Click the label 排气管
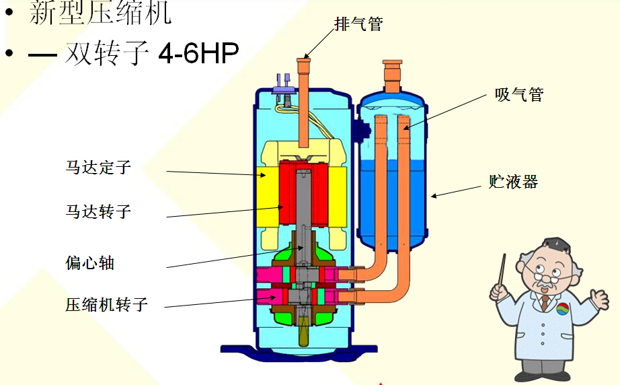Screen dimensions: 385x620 point(358,24)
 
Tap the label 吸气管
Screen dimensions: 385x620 point(518,95)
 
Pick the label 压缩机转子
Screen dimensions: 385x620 point(106,304)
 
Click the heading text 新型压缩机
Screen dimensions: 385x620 point(101,13)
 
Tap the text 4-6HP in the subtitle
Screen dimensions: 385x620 point(198,54)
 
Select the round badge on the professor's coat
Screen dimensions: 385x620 point(563,309)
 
